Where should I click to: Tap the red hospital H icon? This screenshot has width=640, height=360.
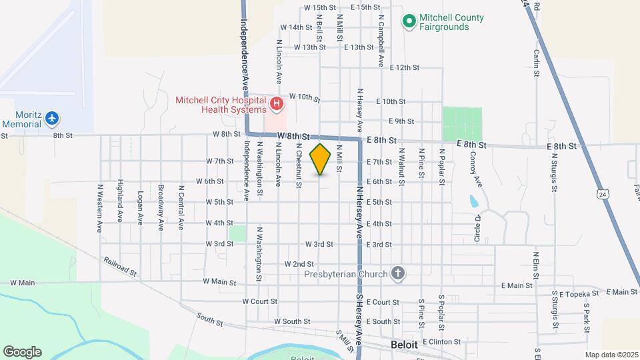[x=276, y=104]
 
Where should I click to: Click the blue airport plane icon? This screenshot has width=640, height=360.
[x=52, y=119]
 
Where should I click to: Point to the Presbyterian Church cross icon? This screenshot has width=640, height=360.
[x=397, y=273]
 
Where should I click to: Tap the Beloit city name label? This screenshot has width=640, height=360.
[x=404, y=345]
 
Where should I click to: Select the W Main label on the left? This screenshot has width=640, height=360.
[x=22, y=283]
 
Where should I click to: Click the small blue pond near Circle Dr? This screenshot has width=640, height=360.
[x=473, y=201]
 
